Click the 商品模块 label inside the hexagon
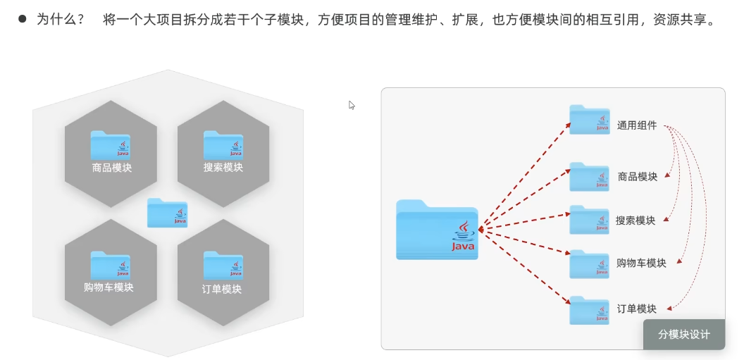pos(111,168)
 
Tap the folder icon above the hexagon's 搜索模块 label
pos(223,144)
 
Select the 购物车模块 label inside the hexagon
pos(108,287)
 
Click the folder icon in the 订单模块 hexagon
pos(223,265)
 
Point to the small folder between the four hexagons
pos(167,212)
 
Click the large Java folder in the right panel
pos(437,230)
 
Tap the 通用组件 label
pos(637,125)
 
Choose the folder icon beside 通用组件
pos(590,119)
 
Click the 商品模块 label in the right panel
pos(638,176)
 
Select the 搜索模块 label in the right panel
pos(635,221)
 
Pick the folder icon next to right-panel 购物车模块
pos(590,263)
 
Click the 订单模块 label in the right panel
pos(637,309)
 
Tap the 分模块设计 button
pos(684,335)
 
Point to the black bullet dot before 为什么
pos(23,20)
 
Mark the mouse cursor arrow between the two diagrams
pos(352,105)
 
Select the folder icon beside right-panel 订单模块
pos(590,309)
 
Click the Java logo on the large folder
pos(463,237)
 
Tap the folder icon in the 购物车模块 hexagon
pos(111,265)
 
